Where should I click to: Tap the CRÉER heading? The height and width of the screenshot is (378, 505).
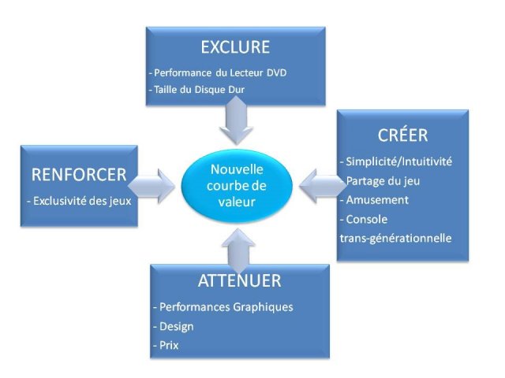pyautogui.click(x=402, y=135)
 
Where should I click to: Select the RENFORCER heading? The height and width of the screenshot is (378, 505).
pyautogui.click(x=78, y=174)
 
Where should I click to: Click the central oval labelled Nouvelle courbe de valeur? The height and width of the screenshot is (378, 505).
pyautogui.click(x=237, y=185)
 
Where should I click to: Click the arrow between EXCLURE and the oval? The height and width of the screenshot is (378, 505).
pyautogui.click(x=236, y=123)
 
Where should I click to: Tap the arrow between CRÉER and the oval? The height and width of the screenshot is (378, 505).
pyautogui.click(x=320, y=184)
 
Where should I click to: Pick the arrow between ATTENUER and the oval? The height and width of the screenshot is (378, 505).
pyautogui.click(x=238, y=246)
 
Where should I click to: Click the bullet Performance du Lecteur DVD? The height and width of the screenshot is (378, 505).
pyautogui.click(x=218, y=73)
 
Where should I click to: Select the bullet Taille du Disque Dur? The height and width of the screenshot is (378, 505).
pyautogui.click(x=196, y=89)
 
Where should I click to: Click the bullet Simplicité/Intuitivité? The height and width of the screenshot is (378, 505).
pyautogui.click(x=396, y=161)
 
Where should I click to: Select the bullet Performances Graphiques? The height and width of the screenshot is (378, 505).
pyautogui.click(x=224, y=306)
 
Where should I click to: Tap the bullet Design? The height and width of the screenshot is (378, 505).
pyautogui.click(x=174, y=325)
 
